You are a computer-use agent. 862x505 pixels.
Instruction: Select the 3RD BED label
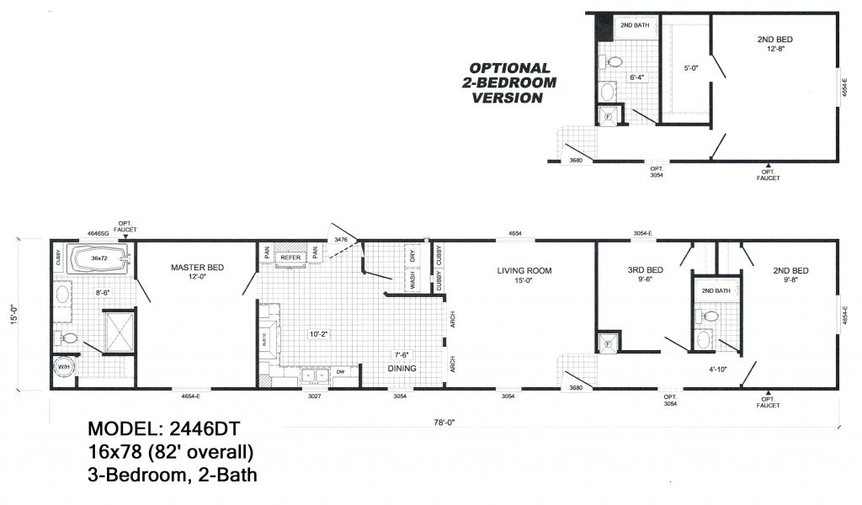tap(646, 270)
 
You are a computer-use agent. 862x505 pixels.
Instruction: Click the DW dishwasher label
tap(340, 371)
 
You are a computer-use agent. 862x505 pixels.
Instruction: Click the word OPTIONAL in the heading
tap(509, 68)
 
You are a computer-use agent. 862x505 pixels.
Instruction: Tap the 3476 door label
tap(341, 241)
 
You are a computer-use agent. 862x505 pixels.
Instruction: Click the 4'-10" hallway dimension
tap(717, 368)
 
